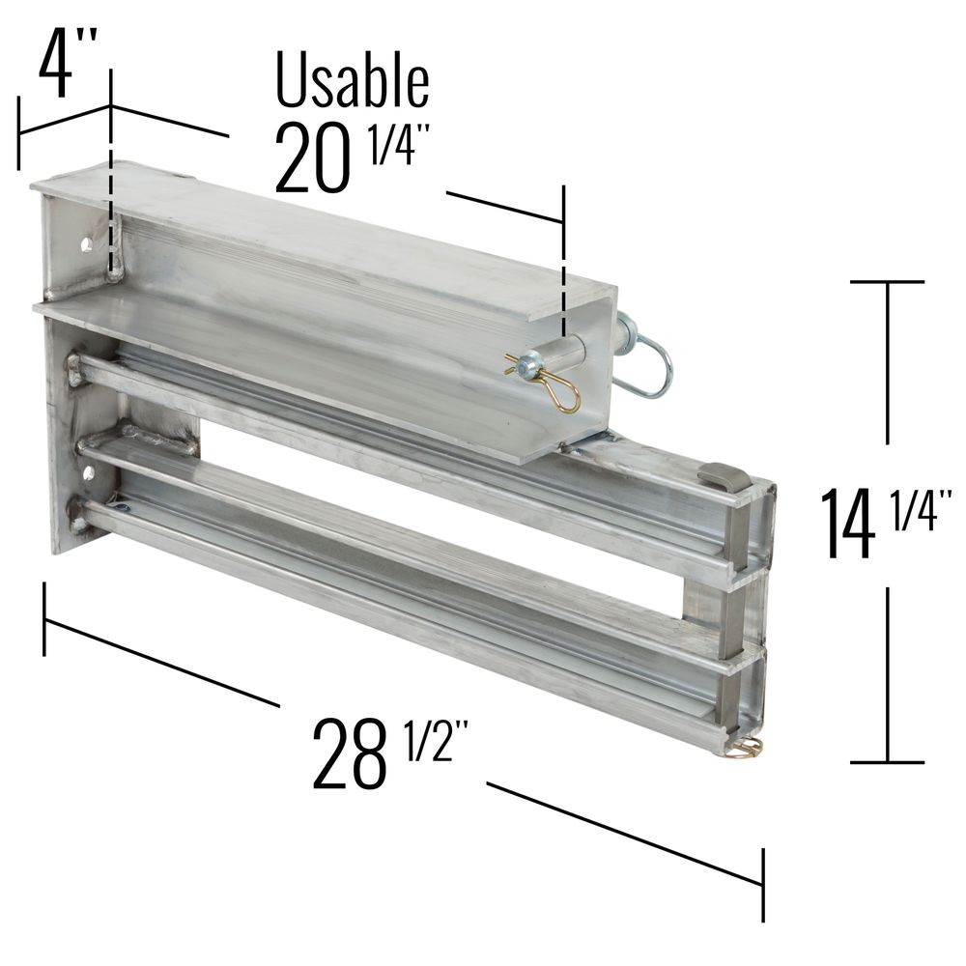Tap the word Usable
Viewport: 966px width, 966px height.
pos(352,81)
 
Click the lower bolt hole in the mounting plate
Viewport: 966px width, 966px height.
pos(89,471)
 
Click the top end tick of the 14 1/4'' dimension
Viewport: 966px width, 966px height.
pos(887,281)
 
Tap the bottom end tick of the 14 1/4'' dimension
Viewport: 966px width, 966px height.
pos(887,762)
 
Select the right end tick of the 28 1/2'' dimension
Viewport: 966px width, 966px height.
pos(763,884)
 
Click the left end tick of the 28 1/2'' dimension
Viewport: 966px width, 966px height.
pos(44,618)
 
